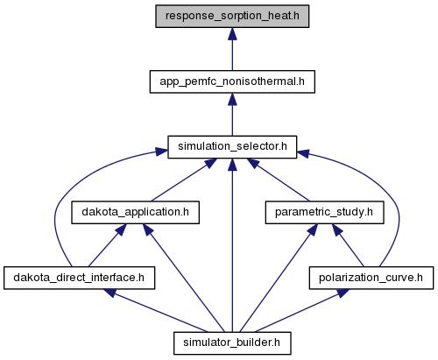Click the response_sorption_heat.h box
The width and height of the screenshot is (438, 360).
pos(232,17)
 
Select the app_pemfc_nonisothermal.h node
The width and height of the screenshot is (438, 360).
pos(232,81)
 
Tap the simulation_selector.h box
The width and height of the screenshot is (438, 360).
pos(232,147)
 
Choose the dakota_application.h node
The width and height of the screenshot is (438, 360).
pos(136,213)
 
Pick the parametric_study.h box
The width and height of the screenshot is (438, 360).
pos(324,213)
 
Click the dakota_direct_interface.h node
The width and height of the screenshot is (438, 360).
pos(79,278)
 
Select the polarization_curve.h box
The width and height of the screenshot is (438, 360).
pos(371,278)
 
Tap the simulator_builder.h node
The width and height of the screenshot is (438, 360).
pos(232,343)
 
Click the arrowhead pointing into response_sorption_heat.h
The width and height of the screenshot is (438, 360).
pos(232,34)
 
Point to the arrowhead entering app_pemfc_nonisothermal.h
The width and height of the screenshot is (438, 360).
pos(232,99)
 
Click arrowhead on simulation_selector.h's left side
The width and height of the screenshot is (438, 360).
pos(161,152)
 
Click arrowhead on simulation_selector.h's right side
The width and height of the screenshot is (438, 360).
pos(303,153)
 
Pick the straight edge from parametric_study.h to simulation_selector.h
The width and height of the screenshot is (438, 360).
pos(278,180)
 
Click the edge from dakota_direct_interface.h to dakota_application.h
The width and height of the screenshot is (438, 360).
pos(107,245)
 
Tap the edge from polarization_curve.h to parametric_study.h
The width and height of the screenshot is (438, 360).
pos(348,245)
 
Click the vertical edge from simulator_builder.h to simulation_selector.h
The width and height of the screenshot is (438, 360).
pos(232,245)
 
